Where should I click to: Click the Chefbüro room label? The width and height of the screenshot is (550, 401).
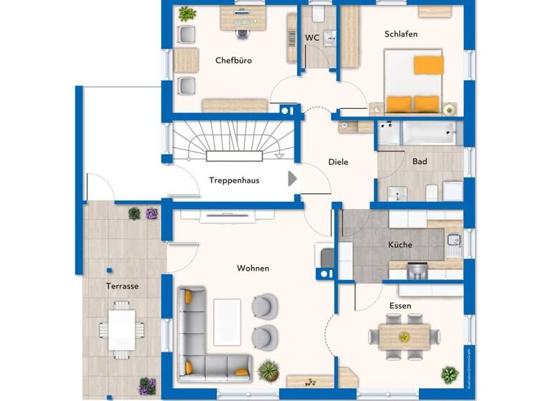click(x=233, y=61)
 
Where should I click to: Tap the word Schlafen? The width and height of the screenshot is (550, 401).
click(x=400, y=34)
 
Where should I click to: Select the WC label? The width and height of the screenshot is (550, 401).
click(x=312, y=37)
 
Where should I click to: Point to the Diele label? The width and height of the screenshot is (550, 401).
click(x=338, y=162)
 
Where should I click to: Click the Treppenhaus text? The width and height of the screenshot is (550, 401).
click(x=234, y=180)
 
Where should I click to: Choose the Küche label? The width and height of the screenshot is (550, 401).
click(x=400, y=245)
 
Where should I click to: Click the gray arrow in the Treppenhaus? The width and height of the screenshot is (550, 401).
click(x=292, y=178)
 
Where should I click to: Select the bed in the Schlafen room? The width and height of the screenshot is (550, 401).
click(x=413, y=81)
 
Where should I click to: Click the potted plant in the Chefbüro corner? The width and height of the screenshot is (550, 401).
click(x=187, y=14)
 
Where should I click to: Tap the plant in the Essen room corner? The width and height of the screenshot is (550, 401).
click(x=450, y=374)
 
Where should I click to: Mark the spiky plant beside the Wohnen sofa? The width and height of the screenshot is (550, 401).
click(x=268, y=369)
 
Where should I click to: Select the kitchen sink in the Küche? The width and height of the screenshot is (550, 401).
click(x=453, y=242)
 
